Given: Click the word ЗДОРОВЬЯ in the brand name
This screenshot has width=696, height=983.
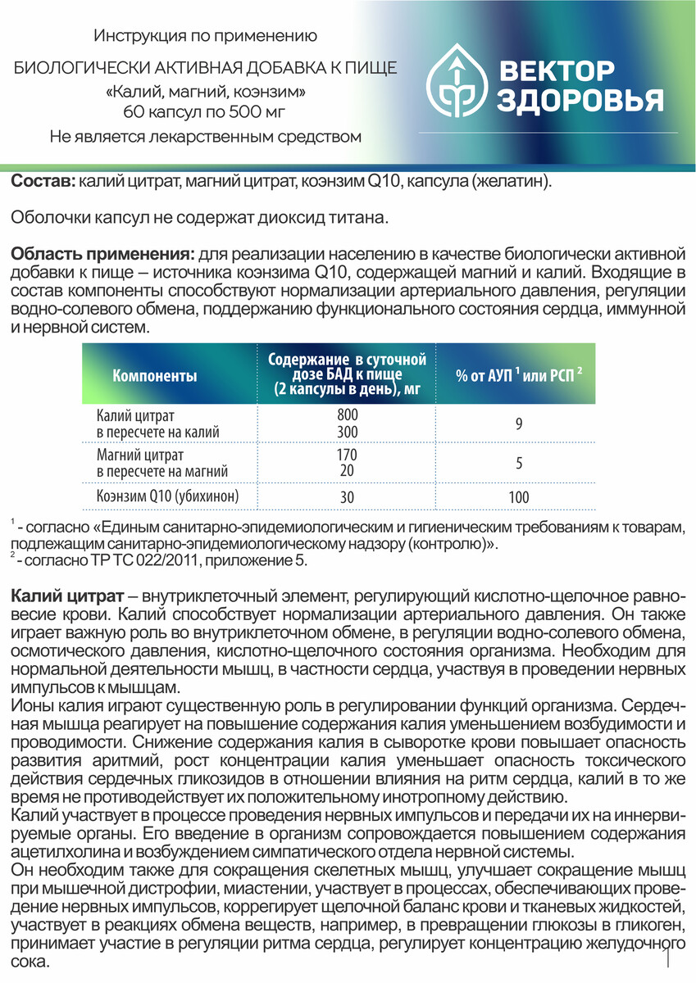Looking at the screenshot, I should pyautogui.click(x=580, y=102).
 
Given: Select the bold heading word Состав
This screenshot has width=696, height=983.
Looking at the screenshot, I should pyautogui.click(x=43, y=180).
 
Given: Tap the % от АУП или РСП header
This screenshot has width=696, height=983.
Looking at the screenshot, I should pyautogui.click(x=519, y=374).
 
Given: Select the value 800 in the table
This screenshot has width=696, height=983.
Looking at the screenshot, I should pyautogui.click(x=347, y=414).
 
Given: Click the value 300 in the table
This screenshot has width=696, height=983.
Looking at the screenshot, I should pyautogui.click(x=347, y=431).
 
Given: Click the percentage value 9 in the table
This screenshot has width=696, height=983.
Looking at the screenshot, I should pyautogui.click(x=519, y=424).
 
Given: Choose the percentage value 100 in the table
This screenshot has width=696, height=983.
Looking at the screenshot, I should pyautogui.click(x=518, y=496).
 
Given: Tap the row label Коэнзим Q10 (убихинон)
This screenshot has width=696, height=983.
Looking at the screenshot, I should pyautogui.click(x=166, y=496).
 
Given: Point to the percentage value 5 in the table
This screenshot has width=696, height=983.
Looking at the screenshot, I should pyautogui.click(x=519, y=463).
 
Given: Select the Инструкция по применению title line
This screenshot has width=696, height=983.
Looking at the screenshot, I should pyautogui.click(x=205, y=36).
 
